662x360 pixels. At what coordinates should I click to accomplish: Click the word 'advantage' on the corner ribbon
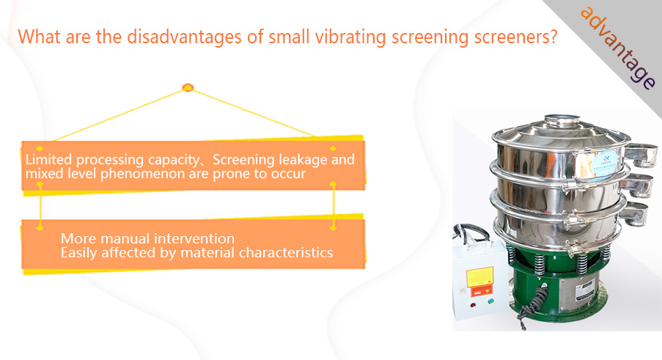point(618,48)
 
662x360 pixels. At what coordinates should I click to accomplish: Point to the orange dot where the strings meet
point(188,88)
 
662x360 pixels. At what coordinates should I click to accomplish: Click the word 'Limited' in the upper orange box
point(48,160)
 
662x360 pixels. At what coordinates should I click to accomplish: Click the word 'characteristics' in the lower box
point(286,252)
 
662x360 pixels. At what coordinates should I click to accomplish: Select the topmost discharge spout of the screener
point(641,154)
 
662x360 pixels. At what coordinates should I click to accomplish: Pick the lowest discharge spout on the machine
point(635,213)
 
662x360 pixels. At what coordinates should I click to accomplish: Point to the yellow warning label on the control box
point(479,277)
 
